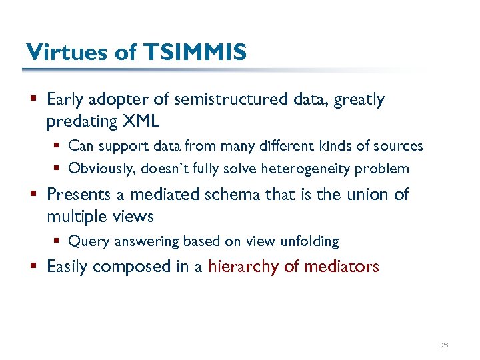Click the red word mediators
click(341, 267)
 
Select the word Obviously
click(101, 169)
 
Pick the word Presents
click(75, 195)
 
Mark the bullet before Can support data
click(58, 146)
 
